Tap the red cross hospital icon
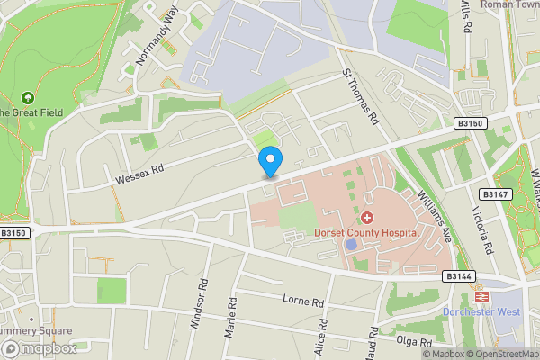367,218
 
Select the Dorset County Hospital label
367,232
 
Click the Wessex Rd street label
139,174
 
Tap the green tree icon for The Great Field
28,97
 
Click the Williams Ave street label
434,215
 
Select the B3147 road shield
491,194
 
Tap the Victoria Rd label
482,231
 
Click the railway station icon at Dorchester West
481,295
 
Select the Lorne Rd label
301,301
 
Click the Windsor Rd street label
200,307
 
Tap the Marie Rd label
232,319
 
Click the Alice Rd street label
321,343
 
